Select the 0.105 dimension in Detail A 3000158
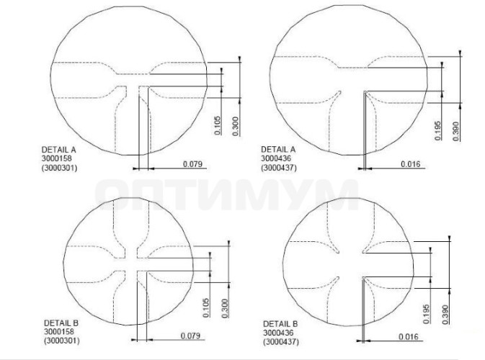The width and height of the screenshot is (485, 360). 218,125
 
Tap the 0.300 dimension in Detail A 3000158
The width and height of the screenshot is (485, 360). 236,126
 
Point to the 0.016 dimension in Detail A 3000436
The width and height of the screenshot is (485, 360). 411,163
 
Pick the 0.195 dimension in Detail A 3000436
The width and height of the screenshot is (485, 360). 438,130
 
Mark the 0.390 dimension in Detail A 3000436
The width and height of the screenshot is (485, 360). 456,131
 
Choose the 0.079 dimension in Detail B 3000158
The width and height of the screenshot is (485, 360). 190,336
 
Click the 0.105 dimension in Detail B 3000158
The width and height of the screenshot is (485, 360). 206,307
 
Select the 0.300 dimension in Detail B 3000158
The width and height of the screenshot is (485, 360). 225,308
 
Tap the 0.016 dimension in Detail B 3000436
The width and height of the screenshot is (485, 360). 409,336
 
